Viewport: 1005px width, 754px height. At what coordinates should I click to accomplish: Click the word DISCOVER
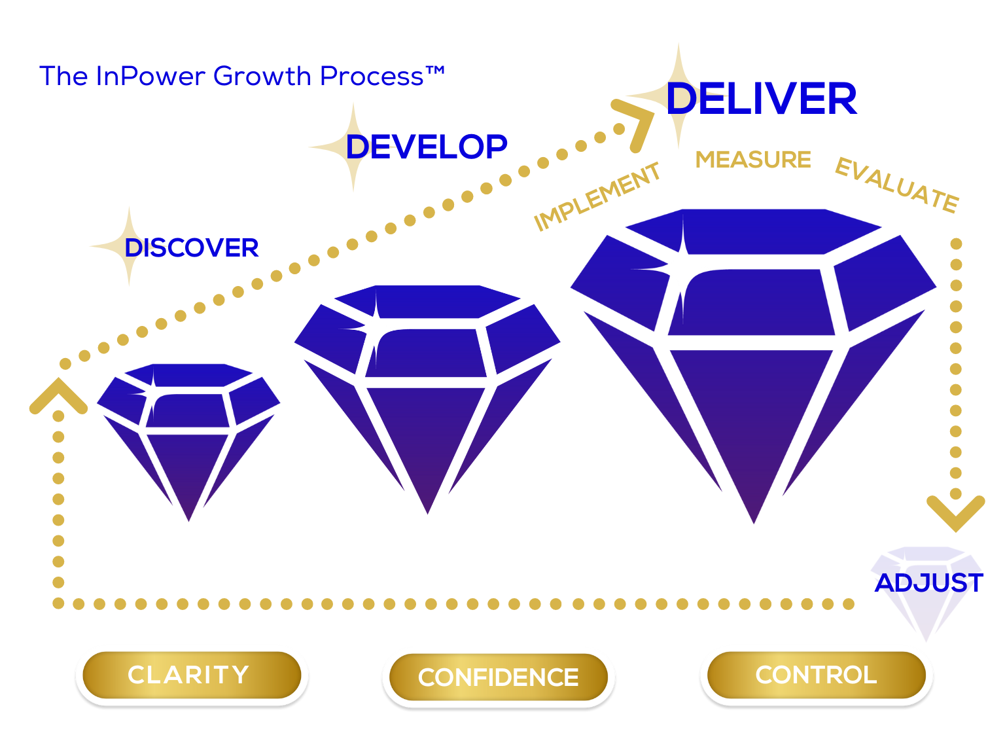point(192,247)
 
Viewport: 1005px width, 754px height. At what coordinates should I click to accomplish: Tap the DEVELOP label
point(426,147)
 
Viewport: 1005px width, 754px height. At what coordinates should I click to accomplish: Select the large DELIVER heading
point(761,98)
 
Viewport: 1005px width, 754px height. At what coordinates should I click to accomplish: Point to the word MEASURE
point(752,160)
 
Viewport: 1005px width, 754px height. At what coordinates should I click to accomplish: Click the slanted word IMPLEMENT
point(597,196)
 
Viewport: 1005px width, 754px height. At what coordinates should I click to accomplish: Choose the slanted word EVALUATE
point(897,185)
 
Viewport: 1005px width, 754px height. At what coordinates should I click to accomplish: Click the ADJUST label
point(928,583)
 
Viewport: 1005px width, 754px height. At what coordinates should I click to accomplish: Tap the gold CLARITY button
point(192,675)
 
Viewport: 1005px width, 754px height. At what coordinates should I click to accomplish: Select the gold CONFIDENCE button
point(498,677)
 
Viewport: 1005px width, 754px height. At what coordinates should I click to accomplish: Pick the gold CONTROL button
point(817,675)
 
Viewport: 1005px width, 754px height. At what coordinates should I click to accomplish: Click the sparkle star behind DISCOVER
point(129,246)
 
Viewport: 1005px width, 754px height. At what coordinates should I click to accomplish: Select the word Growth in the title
point(262,76)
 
